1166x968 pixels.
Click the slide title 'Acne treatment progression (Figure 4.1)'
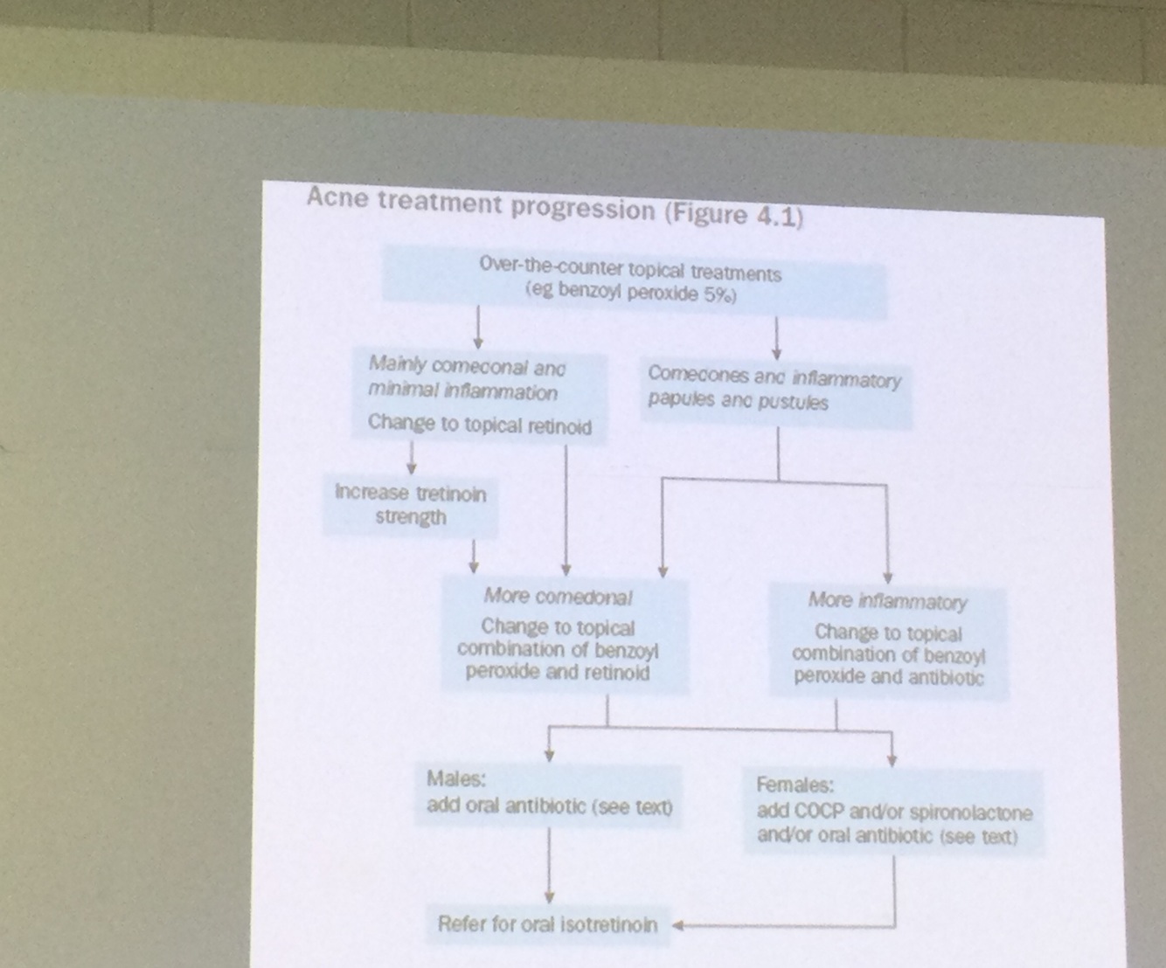coord(554,208)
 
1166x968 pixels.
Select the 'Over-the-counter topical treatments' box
coord(633,281)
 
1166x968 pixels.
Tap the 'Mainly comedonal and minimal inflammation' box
coord(478,396)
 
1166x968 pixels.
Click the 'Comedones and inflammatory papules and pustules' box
coord(774,390)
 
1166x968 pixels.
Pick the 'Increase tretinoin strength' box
coord(410,506)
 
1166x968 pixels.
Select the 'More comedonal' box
coord(563,635)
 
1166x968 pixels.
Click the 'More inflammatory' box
coord(888,640)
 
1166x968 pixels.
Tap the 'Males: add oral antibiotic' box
coord(549,793)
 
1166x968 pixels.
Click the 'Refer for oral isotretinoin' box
coord(547,924)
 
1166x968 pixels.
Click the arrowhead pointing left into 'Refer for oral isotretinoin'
coord(677,925)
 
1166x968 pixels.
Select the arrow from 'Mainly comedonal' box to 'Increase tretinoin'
coord(412,459)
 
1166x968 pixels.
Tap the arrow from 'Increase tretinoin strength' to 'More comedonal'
coord(473,556)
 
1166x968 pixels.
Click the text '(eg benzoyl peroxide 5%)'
coord(631,294)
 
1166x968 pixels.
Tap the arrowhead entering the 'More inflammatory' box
coord(888,577)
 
